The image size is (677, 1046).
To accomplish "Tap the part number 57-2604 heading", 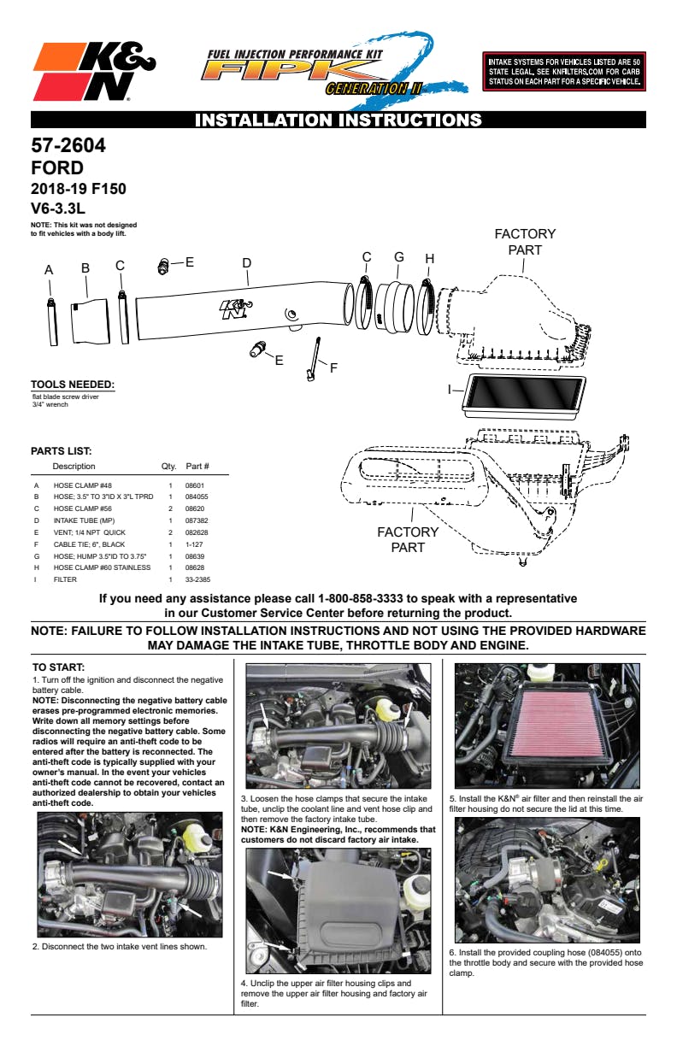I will coord(68,146).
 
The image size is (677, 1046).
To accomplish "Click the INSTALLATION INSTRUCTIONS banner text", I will coord(338,120).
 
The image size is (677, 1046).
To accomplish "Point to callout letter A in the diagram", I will coord(49,270).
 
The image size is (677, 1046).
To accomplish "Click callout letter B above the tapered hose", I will coord(85,268).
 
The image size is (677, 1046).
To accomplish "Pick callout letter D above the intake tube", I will coord(246,262).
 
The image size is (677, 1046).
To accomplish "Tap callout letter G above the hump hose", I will coord(398,257).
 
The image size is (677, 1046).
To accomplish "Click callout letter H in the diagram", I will coord(429,259).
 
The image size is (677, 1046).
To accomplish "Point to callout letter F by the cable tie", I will coord(333,368).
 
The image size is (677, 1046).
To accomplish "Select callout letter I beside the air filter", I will coord(450,389).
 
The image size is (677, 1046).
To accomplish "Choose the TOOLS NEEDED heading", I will coord(73,385).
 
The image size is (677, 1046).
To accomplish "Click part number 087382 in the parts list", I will coord(197,520).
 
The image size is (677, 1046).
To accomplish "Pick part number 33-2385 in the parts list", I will coord(197,579).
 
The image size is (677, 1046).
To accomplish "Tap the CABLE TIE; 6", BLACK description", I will coord(89,544).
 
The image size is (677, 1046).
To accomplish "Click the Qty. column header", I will coord(168,467).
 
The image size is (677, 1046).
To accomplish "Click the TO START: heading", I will coord(59,667).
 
